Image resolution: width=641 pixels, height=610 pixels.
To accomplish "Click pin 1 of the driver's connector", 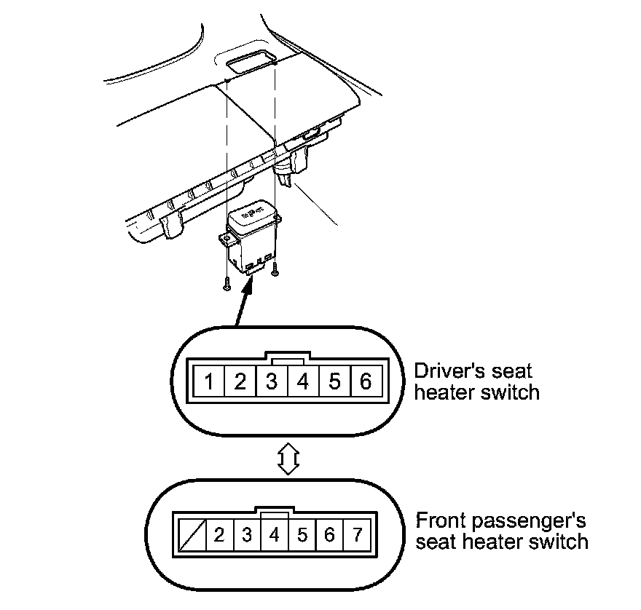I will [x=208, y=381].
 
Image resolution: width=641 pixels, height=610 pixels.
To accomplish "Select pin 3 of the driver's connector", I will [x=272, y=381].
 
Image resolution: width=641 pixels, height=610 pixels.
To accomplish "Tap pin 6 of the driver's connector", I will [x=366, y=381].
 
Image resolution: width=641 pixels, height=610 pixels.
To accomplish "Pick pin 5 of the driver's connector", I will [x=334, y=381].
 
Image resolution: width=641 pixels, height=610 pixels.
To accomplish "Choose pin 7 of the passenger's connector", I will [x=357, y=536].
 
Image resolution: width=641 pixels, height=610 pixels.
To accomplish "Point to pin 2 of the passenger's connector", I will [x=219, y=536].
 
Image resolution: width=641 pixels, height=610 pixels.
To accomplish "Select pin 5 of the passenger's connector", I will [x=302, y=536].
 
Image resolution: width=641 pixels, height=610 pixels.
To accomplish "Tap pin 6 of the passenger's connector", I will [x=329, y=536].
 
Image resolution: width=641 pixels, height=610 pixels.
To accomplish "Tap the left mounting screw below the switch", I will [x=226, y=285].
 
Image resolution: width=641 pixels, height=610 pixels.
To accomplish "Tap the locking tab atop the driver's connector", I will [x=287, y=357].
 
